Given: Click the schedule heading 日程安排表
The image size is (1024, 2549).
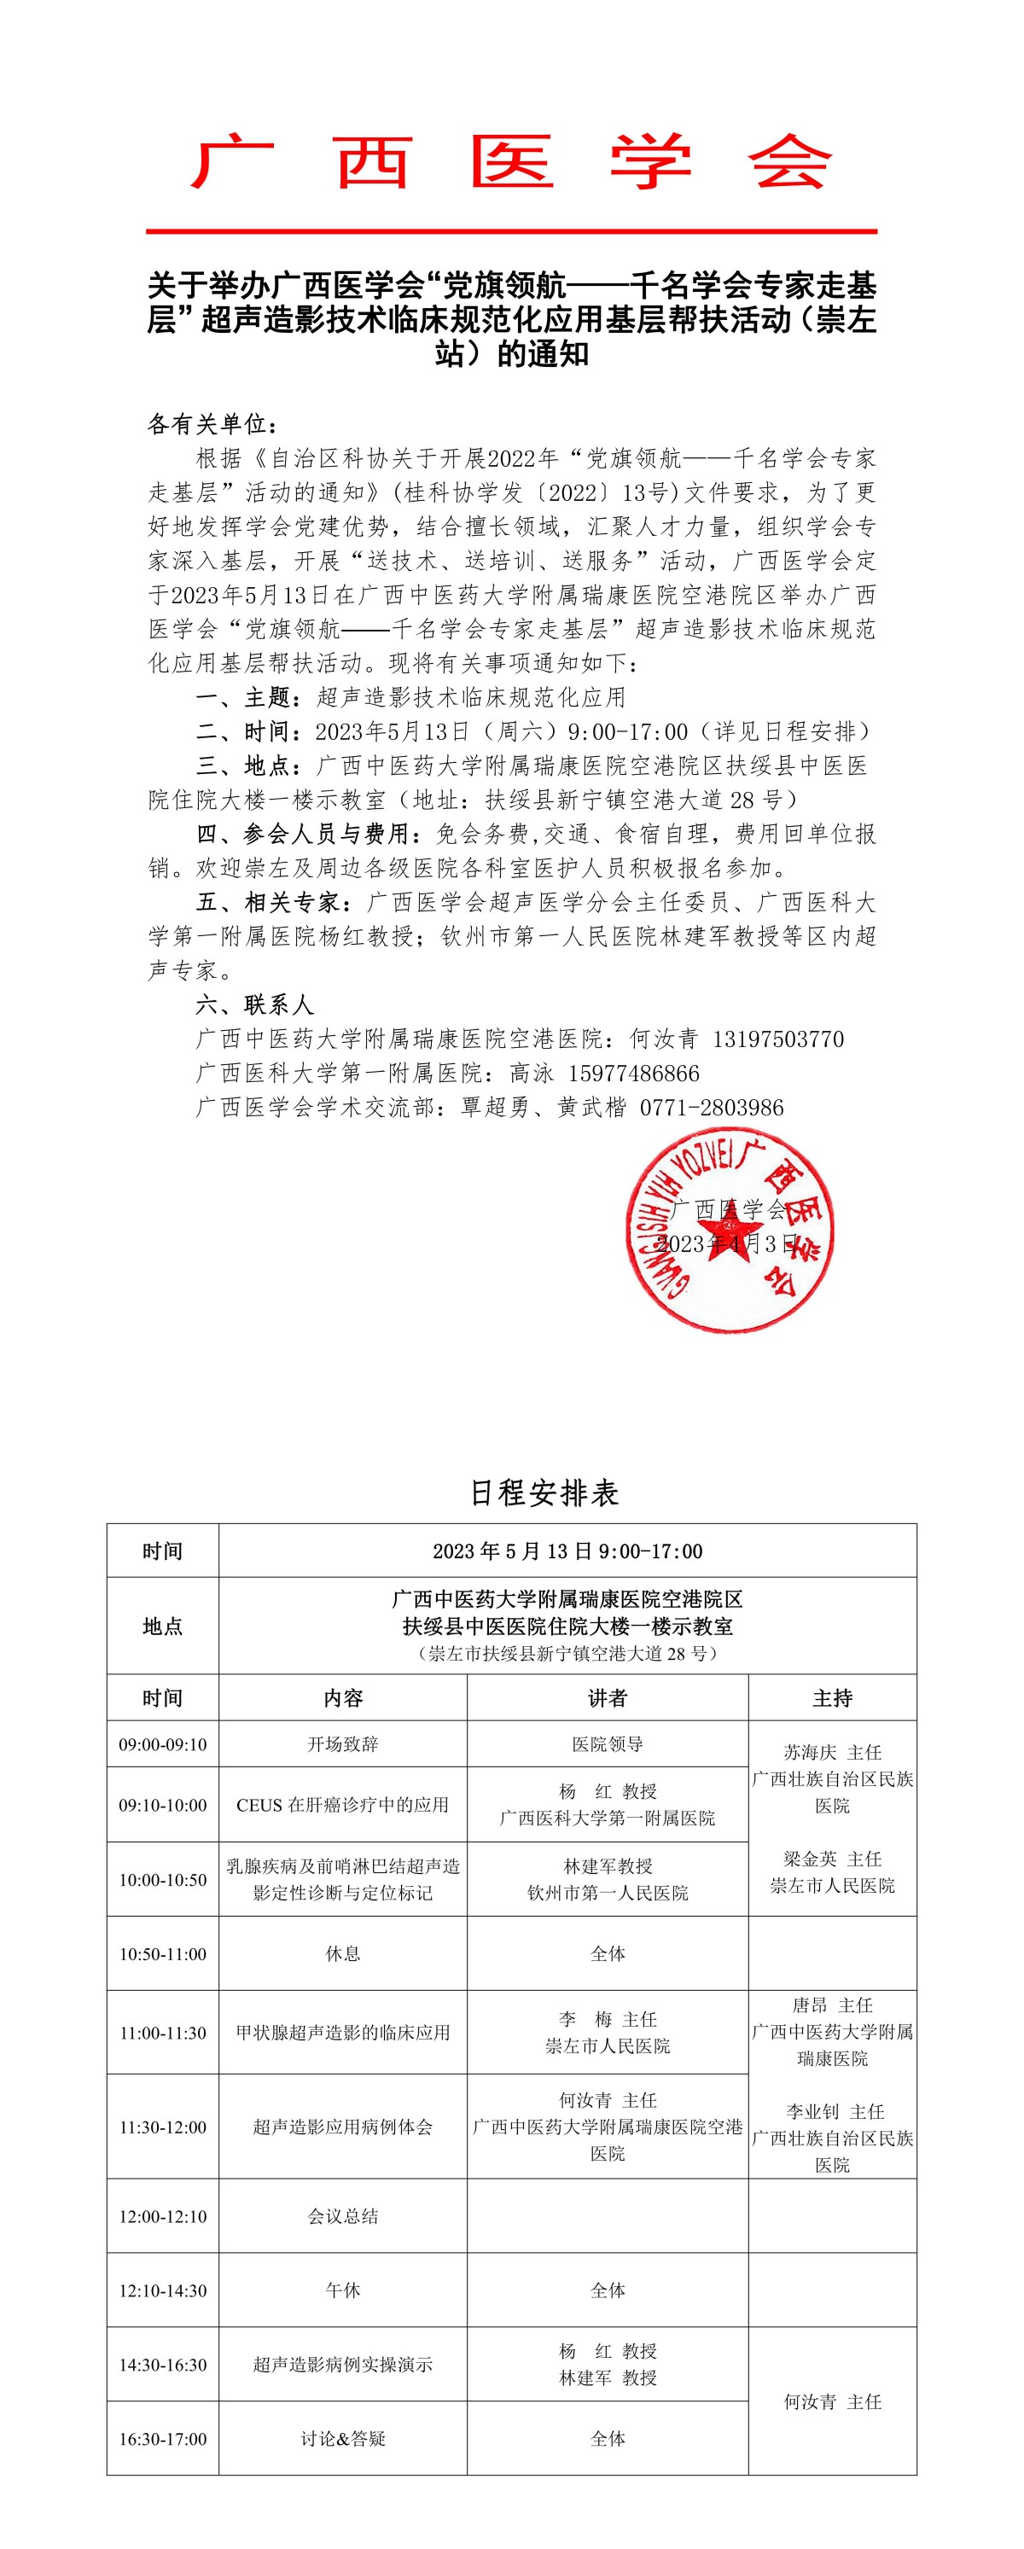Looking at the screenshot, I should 544,1493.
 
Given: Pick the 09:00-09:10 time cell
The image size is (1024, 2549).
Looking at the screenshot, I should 163,1743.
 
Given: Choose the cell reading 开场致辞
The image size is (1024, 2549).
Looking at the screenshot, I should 342,1743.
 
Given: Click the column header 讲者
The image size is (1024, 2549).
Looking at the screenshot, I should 608,1698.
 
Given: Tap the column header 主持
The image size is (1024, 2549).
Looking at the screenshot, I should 832,1698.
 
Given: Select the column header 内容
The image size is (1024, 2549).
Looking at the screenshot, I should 342,1698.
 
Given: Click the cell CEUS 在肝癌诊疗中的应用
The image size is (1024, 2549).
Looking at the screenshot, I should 342,1805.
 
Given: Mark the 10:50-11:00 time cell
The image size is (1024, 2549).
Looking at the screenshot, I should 163,1954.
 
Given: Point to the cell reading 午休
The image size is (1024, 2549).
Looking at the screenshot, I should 342,2290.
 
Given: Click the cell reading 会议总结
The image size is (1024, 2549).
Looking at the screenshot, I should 342,2216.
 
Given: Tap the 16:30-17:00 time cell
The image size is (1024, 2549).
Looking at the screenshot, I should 163,2439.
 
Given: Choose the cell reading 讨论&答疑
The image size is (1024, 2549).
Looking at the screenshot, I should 342,2439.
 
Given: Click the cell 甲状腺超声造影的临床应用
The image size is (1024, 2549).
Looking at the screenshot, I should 342,2033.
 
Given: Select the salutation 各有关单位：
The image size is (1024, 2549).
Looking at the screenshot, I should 212,424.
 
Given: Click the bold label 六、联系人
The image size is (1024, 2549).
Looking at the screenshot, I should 254,1005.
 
